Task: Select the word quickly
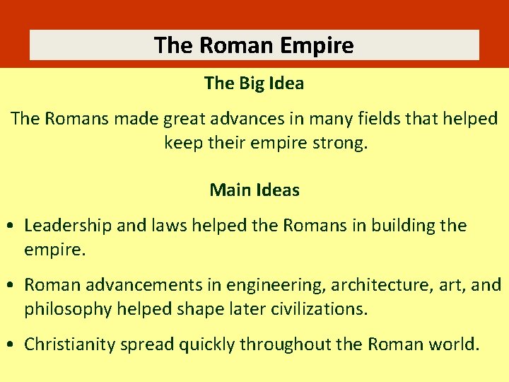(207, 345)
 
